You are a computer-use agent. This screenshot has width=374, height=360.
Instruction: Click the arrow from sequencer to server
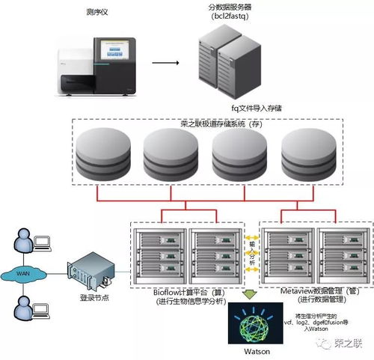[170, 62]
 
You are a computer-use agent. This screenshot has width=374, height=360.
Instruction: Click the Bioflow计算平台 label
[187, 290]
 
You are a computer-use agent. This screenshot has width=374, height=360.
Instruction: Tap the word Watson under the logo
[250, 351]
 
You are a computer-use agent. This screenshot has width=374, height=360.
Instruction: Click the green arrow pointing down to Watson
[249, 294]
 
